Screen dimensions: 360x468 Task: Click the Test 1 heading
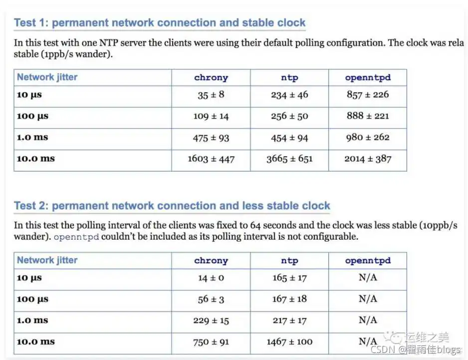click(x=160, y=23)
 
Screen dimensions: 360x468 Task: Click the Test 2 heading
click(x=172, y=206)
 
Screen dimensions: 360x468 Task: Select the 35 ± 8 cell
click(x=211, y=95)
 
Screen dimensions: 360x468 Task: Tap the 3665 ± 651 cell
click(x=289, y=159)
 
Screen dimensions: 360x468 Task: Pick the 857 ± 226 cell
click(x=368, y=95)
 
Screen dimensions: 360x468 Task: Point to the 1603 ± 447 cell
click(x=211, y=159)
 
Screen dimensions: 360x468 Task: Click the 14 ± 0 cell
click(x=211, y=278)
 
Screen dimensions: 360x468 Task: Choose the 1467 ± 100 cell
click(x=289, y=342)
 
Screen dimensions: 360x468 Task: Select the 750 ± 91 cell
click(x=211, y=342)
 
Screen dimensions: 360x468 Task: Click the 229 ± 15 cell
click(x=211, y=321)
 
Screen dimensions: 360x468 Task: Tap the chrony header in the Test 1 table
click(x=211, y=77)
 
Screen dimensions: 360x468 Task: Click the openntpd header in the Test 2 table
click(x=368, y=261)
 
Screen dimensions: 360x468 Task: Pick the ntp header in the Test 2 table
click(x=289, y=261)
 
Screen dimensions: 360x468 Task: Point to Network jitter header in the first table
click(x=47, y=77)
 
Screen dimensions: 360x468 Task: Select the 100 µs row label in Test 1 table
click(x=33, y=116)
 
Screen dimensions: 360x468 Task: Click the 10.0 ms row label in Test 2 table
click(x=36, y=342)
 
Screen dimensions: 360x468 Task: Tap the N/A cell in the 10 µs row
click(x=368, y=278)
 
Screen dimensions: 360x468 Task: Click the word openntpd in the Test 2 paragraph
click(x=76, y=237)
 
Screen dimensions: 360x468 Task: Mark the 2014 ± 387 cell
click(x=368, y=159)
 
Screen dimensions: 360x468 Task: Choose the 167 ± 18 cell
click(x=289, y=299)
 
